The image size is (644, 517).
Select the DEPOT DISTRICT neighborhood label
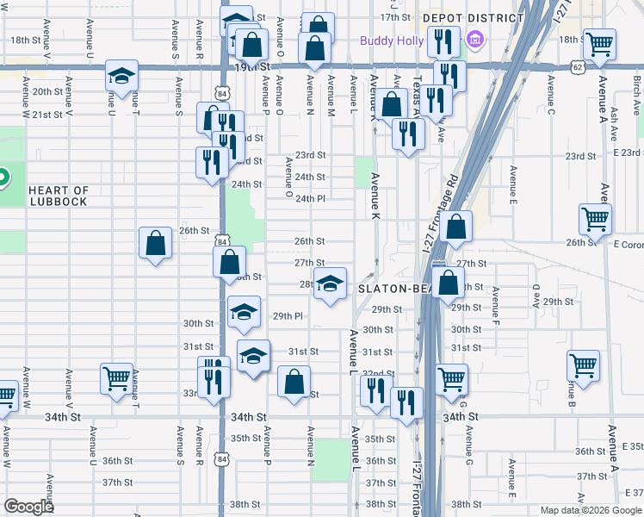tap(473, 17)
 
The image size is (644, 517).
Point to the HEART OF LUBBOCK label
tap(58, 196)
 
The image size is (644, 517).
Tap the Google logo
tap(29, 507)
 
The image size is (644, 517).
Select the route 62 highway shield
tap(576, 65)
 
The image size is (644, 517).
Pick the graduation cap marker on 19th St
tap(121, 75)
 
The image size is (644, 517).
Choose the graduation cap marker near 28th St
tap(329, 283)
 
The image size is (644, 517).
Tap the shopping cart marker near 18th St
tap(599, 42)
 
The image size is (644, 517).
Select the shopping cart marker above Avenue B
tap(584, 364)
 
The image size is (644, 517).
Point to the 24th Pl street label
tap(310, 198)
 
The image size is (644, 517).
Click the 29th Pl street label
tap(288, 316)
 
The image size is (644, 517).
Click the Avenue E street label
tap(512, 183)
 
